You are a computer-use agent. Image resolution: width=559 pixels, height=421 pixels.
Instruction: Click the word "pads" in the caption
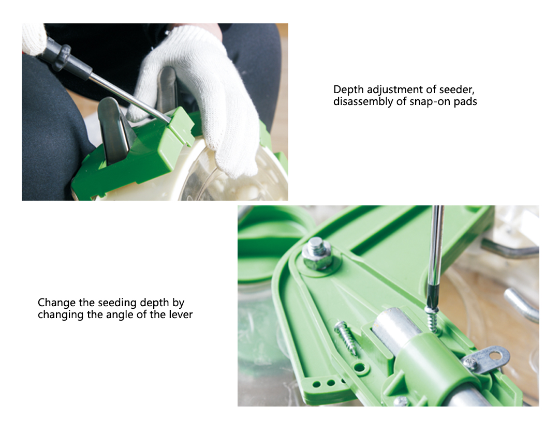(x=465, y=101)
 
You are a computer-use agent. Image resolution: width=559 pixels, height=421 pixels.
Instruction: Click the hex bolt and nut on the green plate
(x=318, y=253)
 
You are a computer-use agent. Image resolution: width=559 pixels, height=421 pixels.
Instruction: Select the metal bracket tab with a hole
(x=487, y=360)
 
